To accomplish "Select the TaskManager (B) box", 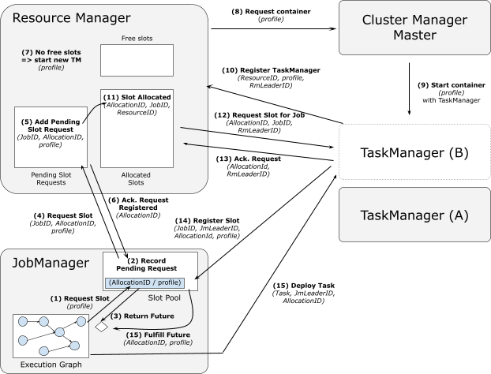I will click(x=414, y=152).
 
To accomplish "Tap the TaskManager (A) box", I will click(x=414, y=215).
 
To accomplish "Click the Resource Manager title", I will click(x=70, y=17).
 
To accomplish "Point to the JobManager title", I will click(x=48, y=262).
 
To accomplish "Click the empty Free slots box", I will click(x=136, y=60).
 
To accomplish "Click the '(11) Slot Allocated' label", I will click(x=137, y=97).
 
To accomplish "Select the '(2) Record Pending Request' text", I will click(x=150, y=264).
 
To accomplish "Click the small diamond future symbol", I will click(x=101, y=325).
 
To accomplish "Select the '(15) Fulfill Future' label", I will click(x=157, y=335).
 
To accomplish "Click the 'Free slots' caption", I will click(x=136, y=37).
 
